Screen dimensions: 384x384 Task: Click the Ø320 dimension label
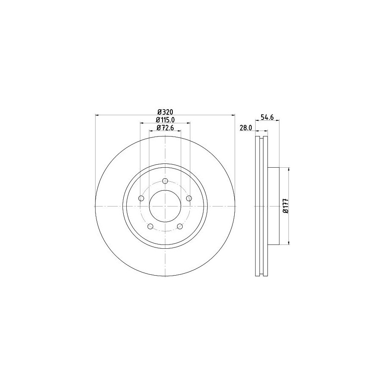pyautogui.click(x=165, y=112)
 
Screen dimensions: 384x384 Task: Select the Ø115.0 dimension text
pyautogui.click(x=165, y=120)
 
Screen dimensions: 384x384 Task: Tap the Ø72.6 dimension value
pyautogui.click(x=165, y=128)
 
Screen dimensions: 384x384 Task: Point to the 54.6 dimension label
pyautogui.click(x=267, y=117)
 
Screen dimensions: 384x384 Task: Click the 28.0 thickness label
pyautogui.click(x=246, y=128)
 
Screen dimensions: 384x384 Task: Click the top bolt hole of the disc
pyautogui.click(x=165, y=181)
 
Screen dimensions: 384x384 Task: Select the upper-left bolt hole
pyautogui.click(x=141, y=198)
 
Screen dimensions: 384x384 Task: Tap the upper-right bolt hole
pyautogui.click(x=189, y=198)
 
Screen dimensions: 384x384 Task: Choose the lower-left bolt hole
pyautogui.click(x=150, y=226)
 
